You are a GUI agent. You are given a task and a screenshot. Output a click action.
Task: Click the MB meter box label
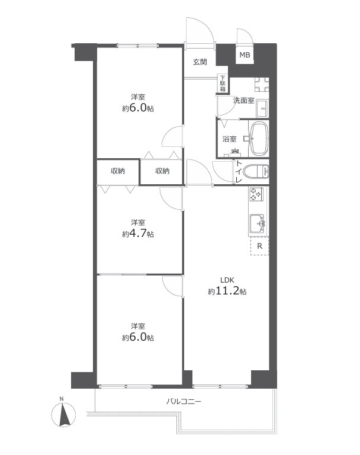245,55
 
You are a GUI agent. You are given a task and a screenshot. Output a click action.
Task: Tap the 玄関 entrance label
200,62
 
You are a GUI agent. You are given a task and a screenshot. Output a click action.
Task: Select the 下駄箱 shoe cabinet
223,84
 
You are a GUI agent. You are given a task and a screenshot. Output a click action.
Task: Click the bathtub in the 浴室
259,139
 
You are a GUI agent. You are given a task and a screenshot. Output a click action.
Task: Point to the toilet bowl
256,172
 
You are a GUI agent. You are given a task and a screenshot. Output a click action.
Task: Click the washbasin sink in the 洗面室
262,108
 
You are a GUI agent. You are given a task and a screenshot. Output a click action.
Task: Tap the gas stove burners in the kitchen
256,194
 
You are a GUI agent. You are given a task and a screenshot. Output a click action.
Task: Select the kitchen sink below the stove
258,224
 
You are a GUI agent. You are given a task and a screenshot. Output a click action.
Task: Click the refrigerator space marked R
259,246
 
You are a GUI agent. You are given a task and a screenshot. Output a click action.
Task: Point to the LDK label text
227,280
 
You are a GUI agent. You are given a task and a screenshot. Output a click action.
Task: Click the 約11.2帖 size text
227,291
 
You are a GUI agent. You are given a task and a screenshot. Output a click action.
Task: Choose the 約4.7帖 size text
138,233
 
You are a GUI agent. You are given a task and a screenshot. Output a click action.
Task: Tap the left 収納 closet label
118,171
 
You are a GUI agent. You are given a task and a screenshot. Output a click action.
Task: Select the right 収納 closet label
162,171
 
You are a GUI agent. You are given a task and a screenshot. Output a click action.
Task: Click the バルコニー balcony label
184,402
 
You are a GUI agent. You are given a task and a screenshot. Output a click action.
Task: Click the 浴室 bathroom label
229,139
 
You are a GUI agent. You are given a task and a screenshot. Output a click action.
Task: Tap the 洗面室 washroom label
244,101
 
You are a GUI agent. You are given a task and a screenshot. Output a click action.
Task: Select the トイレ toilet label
239,172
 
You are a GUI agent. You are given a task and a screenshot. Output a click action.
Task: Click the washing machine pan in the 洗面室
262,85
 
